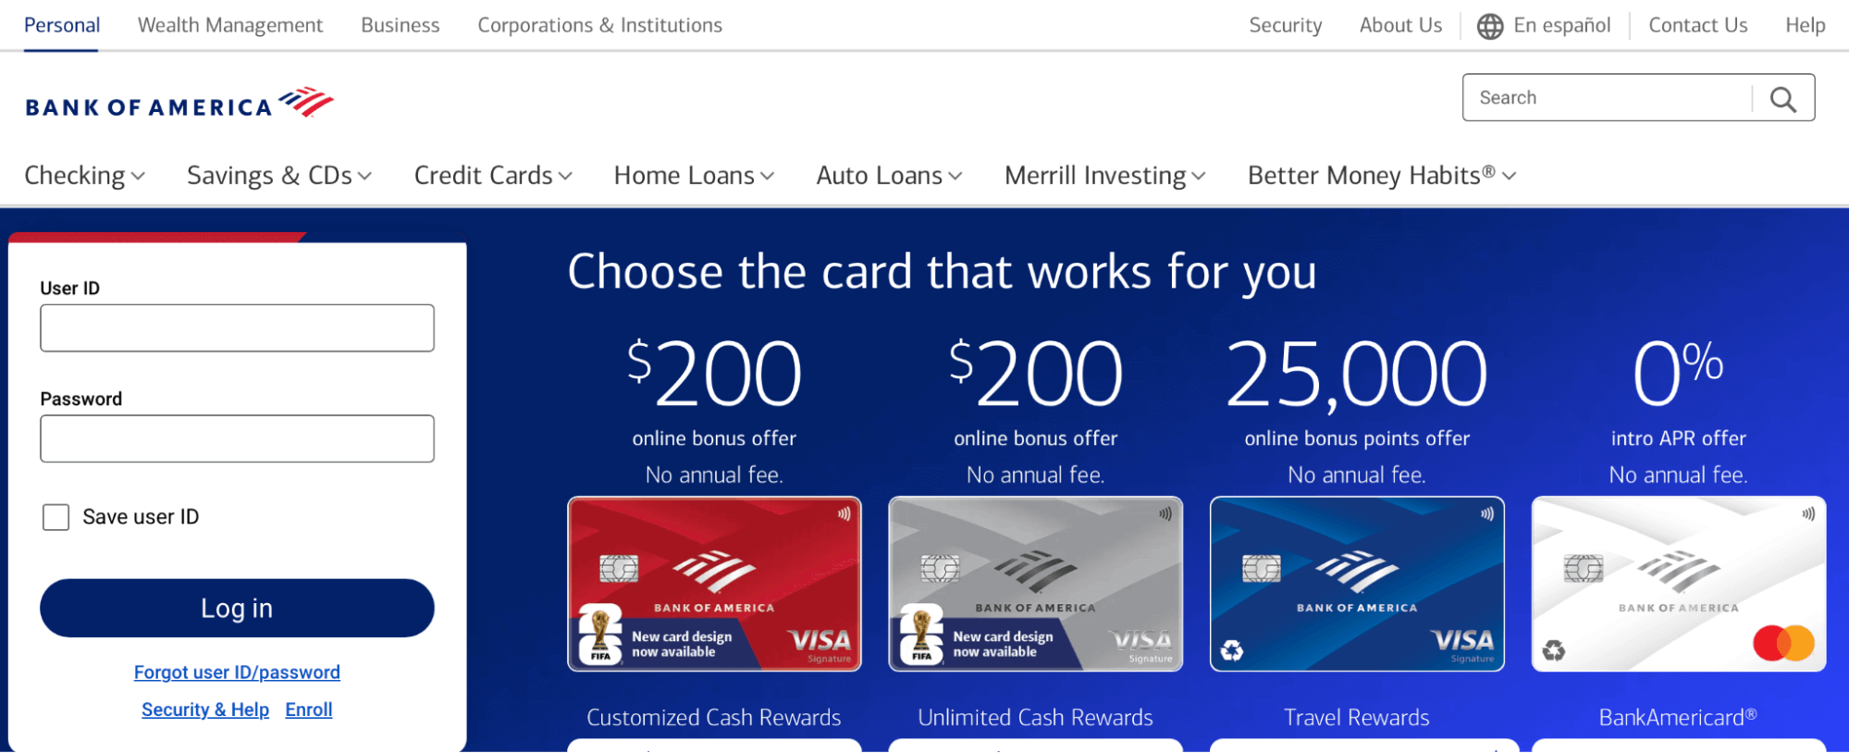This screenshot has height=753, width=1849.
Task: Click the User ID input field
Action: point(237,328)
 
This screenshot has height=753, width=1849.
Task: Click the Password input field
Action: point(237,438)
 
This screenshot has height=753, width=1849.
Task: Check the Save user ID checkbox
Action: point(56,517)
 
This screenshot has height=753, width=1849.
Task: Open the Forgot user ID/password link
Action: point(237,673)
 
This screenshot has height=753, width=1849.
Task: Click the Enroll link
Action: point(309,710)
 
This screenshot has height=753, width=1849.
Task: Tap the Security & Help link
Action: point(205,710)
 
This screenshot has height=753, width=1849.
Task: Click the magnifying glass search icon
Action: point(1783,98)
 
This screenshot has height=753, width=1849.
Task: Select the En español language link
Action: point(1561,25)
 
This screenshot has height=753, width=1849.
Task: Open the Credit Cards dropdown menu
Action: point(493,176)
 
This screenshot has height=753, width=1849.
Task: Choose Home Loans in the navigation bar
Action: point(694,176)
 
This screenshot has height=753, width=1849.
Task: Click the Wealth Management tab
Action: point(230,25)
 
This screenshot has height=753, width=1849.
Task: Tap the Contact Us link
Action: point(1698,25)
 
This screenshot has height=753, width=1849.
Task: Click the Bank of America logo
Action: point(179,103)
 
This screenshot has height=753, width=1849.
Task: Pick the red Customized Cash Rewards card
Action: point(714,584)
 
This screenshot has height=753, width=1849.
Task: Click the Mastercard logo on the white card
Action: point(1783,643)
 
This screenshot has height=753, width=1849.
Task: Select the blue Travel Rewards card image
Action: point(1357,584)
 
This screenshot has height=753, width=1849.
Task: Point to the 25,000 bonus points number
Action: point(1357,375)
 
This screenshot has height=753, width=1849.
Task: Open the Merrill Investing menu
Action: point(1104,176)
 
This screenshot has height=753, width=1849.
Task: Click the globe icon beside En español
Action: point(1490,26)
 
